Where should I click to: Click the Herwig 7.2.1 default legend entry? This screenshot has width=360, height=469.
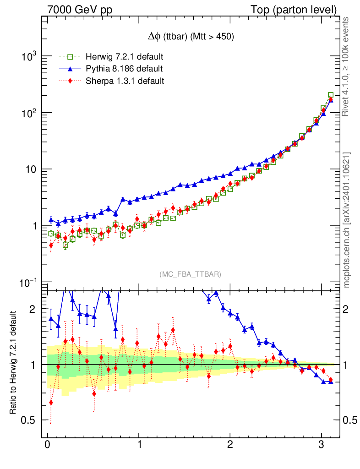[124, 57]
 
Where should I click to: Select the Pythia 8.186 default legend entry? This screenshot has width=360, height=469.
[124, 69]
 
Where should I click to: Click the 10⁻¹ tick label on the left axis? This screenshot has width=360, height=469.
[28, 283]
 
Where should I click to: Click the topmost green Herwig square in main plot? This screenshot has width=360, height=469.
[331, 95]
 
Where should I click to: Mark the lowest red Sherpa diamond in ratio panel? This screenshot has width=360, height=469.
[51, 403]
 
